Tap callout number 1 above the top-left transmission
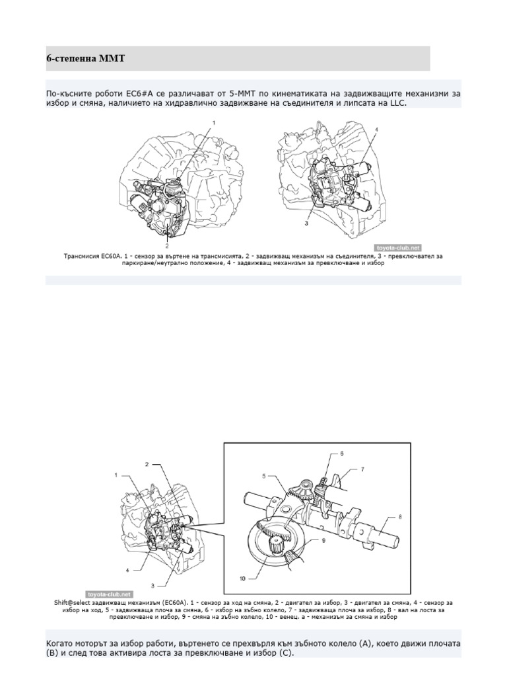click(213, 122)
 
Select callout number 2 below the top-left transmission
click(167, 245)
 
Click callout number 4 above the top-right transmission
click(377, 130)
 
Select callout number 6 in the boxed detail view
click(342, 454)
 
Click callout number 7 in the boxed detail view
click(362, 469)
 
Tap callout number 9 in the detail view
click(323, 540)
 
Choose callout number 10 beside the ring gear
click(242, 578)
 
